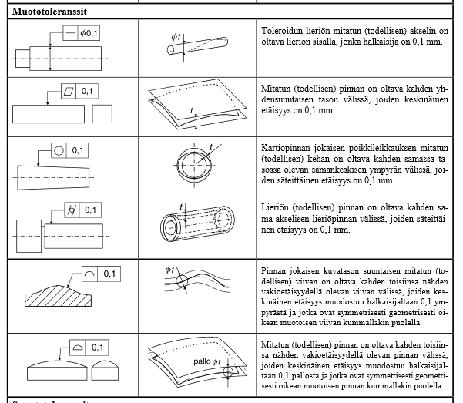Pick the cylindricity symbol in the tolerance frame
pos(72,210)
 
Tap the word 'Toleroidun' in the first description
pos(283,26)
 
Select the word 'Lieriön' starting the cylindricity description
pos(274,208)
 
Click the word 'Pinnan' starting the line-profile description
pos(275,274)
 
